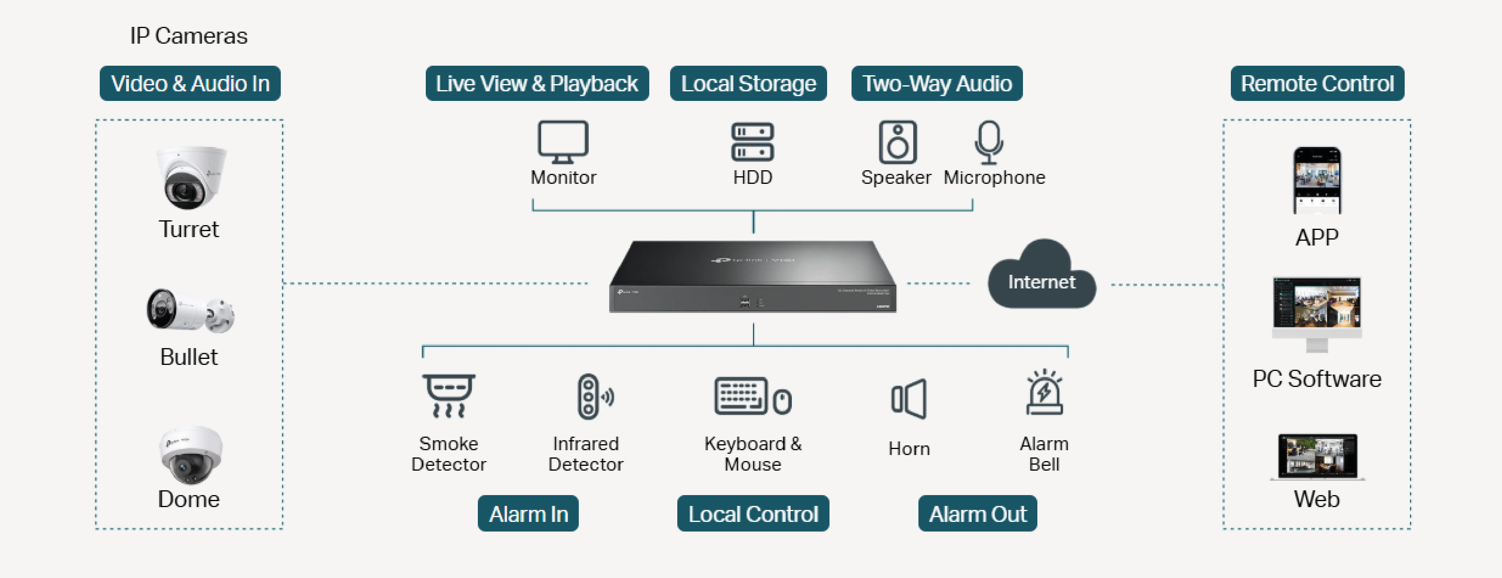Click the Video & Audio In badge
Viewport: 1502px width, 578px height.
tap(190, 83)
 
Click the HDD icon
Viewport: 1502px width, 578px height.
tap(752, 142)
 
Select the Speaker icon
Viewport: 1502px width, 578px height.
tap(897, 142)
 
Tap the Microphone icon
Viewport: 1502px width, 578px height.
tap(989, 142)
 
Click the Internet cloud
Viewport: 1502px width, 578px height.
tap(1041, 277)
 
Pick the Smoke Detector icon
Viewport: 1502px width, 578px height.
tap(448, 395)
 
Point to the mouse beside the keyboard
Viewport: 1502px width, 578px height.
tap(782, 401)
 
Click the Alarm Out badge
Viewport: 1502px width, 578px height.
tap(977, 514)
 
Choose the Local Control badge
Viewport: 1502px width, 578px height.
tap(753, 514)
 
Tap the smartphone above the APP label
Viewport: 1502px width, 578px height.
tap(1317, 180)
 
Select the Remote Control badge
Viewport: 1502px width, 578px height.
tap(1317, 83)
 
